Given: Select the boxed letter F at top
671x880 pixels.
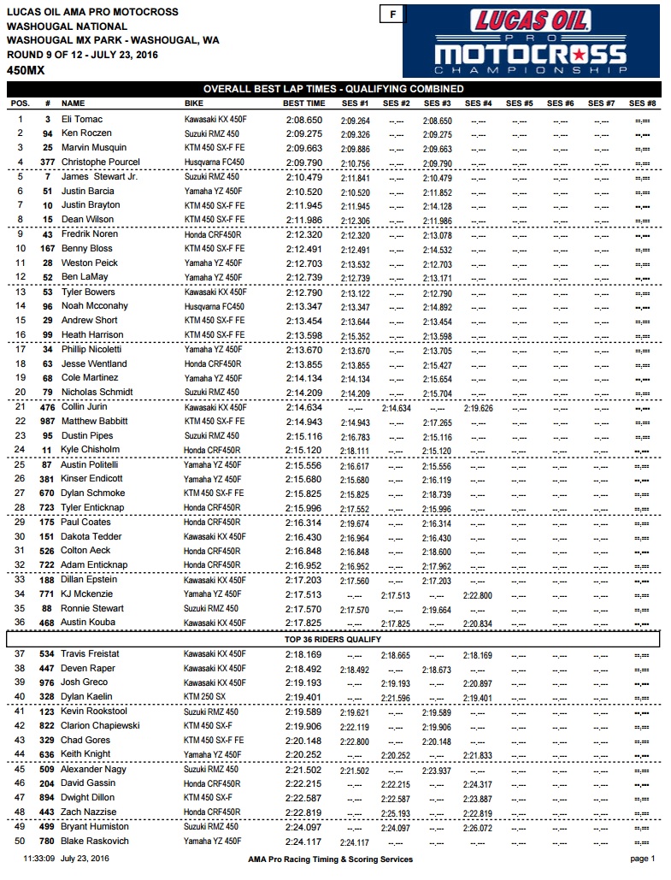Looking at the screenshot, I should click(392, 15).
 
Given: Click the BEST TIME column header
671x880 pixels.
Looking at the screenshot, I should click(303, 103).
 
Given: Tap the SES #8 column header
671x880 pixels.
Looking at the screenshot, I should click(642, 103).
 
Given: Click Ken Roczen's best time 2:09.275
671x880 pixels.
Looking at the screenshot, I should click(303, 134).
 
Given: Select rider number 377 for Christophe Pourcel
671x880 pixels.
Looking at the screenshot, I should click(48, 162).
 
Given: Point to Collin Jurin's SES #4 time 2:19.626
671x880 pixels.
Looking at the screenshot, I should click(478, 407).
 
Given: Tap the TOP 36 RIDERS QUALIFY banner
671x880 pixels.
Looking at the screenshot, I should click(334, 639).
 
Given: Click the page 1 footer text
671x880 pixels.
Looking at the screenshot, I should click(641, 859).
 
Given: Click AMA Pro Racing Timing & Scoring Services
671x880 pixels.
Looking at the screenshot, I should click(330, 859).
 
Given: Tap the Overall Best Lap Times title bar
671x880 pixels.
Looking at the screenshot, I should click(333, 89).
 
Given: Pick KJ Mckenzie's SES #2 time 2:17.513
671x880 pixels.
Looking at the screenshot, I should click(396, 594).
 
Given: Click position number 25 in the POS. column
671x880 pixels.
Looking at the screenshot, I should click(21, 464).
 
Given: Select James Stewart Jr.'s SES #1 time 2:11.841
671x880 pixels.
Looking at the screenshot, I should click(354, 177).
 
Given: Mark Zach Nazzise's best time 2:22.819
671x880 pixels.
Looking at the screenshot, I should click(303, 812).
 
